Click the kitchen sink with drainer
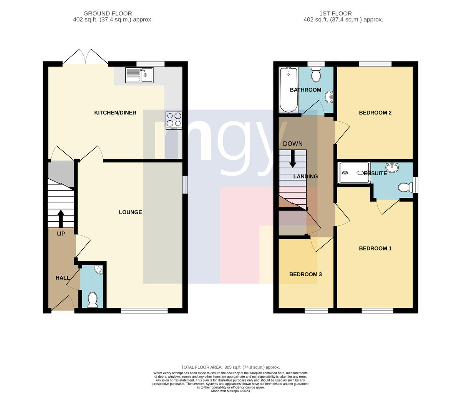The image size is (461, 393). (139, 75)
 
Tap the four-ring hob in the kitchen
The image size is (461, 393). (174, 121)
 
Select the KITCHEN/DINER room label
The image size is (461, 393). (115, 113)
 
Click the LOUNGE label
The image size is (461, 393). (130, 212)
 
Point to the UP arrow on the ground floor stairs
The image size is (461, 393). (61, 218)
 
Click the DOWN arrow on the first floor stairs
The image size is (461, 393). (293, 159)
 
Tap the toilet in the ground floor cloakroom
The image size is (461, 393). (93, 300)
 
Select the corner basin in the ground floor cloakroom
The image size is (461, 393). (99, 269)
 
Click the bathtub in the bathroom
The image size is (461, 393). (289, 90)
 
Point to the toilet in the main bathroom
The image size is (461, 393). (316, 74)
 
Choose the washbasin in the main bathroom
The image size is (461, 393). (329, 97)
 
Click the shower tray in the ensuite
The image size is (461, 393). (354, 172)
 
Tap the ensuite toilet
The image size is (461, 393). (405, 187)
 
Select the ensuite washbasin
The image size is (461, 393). (392, 167)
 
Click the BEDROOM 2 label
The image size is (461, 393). (375, 113)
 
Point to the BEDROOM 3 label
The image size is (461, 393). (305, 274)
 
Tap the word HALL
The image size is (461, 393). (63, 278)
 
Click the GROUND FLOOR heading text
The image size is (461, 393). (108, 13)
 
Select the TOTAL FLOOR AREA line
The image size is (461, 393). (230, 367)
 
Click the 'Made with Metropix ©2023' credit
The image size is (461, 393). (230, 391)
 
